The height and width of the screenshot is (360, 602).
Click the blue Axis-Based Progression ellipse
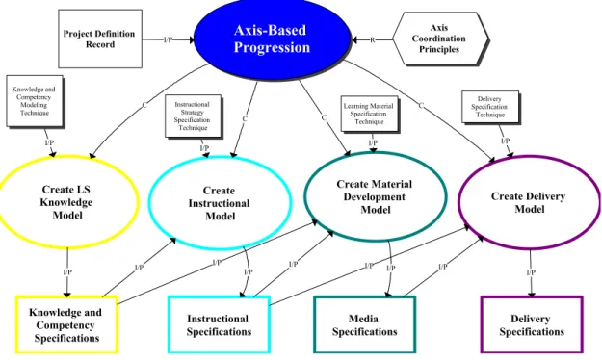272,39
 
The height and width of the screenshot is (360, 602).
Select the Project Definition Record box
100,39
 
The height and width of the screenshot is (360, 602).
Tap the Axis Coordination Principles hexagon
440,39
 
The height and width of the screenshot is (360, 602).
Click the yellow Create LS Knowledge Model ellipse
67,202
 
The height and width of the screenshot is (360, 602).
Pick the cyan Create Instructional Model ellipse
220,203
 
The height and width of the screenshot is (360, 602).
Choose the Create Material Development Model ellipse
375,197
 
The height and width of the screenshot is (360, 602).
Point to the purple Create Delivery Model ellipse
529,202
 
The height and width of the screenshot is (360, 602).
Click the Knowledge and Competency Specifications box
66,324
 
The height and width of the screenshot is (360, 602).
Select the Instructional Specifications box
219,324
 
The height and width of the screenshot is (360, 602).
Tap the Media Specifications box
365,324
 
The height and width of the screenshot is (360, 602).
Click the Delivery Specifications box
532,324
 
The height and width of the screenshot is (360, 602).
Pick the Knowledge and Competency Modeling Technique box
34,101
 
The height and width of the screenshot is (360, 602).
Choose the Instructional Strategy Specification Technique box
193,116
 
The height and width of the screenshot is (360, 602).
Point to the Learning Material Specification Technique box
369,114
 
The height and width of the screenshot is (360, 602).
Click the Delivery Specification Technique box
490,107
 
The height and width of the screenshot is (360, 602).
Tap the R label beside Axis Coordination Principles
372,39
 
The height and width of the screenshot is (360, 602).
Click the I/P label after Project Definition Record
168,39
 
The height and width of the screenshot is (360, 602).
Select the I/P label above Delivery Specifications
531,272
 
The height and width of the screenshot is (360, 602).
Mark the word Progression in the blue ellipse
272,47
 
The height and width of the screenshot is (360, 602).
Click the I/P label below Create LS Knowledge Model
67,271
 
